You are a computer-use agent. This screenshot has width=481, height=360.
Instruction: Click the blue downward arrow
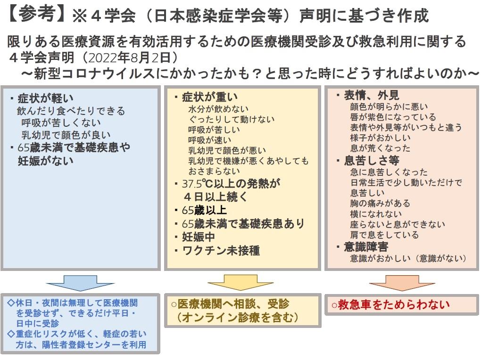(80, 283)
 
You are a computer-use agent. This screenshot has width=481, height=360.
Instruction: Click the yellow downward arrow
(240, 282)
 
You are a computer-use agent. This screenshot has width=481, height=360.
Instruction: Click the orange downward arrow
(402, 283)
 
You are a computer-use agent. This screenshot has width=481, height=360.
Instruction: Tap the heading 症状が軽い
(46, 98)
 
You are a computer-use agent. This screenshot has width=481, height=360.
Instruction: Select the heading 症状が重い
(210, 97)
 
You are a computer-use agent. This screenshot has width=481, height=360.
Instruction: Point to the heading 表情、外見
(372, 95)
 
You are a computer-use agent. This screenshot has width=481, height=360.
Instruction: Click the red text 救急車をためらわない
(394, 304)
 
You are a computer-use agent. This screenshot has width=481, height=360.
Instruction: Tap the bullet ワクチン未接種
(221, 251)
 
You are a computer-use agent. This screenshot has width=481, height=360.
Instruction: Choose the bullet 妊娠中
(199, 237)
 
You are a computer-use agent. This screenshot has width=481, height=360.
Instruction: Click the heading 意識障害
(366, 246)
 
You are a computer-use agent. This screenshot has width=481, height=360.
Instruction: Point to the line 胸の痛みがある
(380, 203)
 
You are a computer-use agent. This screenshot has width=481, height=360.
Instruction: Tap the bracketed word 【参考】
(36, 15)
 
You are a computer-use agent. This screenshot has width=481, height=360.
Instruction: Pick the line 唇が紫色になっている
(393, 117)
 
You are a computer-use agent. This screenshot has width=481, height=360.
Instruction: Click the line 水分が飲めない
(218, 109)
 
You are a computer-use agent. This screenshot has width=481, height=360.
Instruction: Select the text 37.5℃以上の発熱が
(231, 183)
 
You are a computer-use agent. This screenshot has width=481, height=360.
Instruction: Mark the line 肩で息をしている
(384, 235)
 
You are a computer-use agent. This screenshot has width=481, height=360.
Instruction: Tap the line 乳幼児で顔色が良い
(66, 135)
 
